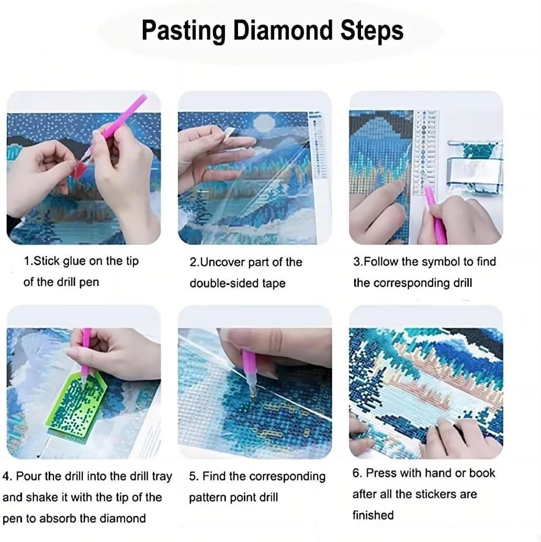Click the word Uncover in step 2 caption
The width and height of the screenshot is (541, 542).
click(222, 262)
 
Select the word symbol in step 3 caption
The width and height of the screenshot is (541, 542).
click(437, 261)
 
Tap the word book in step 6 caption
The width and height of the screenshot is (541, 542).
click(482, 473)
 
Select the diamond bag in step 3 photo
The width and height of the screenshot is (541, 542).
click(474, 168)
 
